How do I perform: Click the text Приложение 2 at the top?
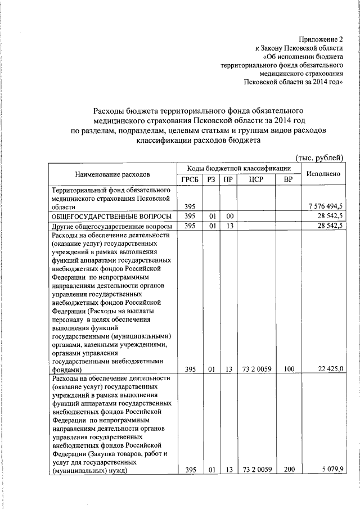pyautogui.click(x=322, y=39)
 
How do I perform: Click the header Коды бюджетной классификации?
pyautogui.click(x=239, y=168)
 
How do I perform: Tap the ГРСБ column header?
pyautogui.click(x=190, y=180)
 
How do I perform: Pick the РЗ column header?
pyautogui.click(x=211, y=180)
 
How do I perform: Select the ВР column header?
pyautogui.click(x=289, y=180)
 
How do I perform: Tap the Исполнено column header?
pyautogui.click(x=323, y=174)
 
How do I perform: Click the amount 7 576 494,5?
pyautogui.click(x=322, y=207)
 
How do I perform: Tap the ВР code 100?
pyautogui.click(x=289, y=369)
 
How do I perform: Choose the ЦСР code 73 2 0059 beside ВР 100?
pyautogui.click(x=256, y=369)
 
